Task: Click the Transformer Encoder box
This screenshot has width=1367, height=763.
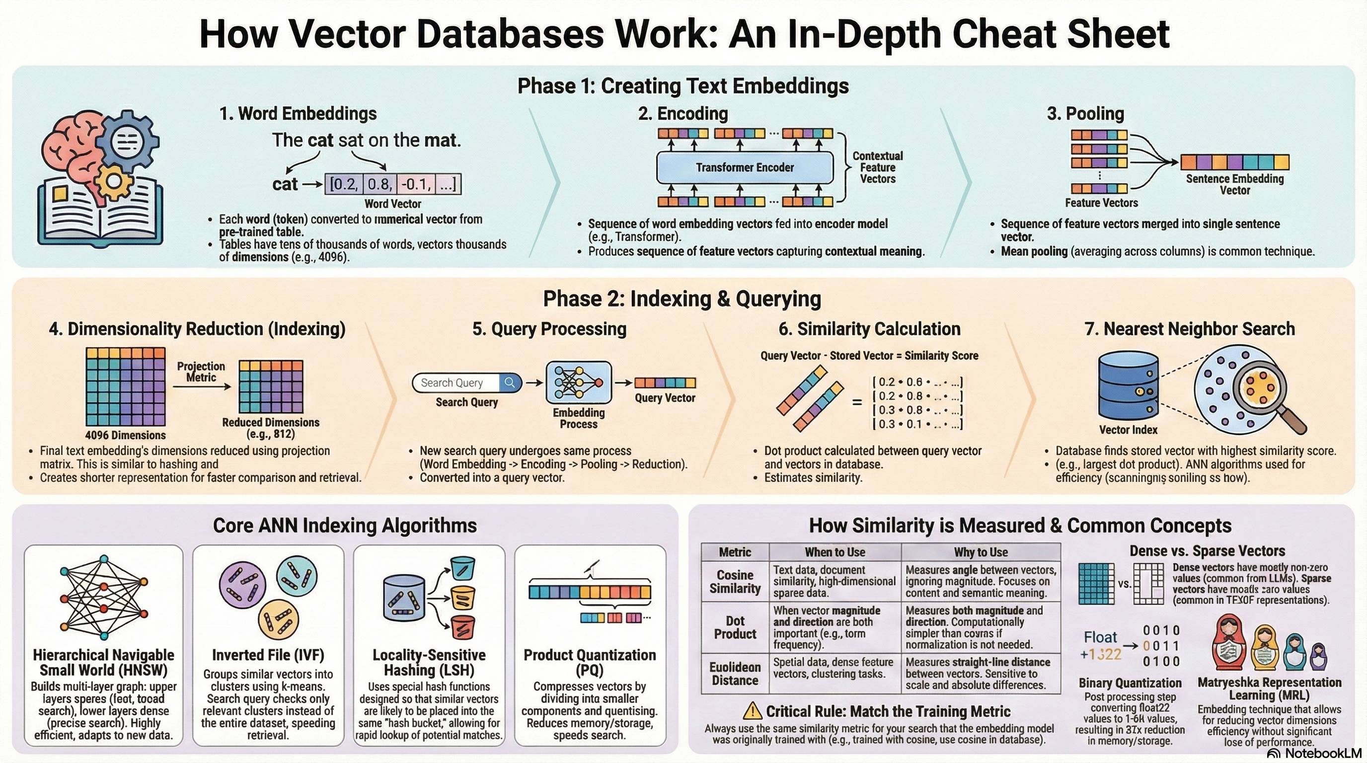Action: coord(745,167)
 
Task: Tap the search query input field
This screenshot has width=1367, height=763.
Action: coord(456,382)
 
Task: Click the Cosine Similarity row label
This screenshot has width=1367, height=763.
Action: coord(735,582)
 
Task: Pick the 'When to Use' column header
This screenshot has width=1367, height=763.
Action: coord(835,552)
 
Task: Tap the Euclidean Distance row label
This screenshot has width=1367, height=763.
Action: coord(735,674)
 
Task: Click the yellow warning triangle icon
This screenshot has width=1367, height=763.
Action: coord(753,711)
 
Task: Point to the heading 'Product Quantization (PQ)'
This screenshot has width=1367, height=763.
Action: coord(590,662)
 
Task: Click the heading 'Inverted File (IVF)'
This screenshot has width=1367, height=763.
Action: coord(268,655)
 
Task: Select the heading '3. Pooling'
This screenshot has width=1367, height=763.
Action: coord(1085,114)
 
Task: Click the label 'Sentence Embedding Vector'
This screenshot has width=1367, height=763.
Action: coord(1235,185)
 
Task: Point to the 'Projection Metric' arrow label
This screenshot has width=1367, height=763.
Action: coord(201,372)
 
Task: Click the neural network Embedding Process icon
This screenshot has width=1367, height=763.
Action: coord(578,382)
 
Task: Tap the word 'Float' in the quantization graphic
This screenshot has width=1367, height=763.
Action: coord(1100,637)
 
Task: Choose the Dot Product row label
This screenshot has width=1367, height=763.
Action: coord(735,627)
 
